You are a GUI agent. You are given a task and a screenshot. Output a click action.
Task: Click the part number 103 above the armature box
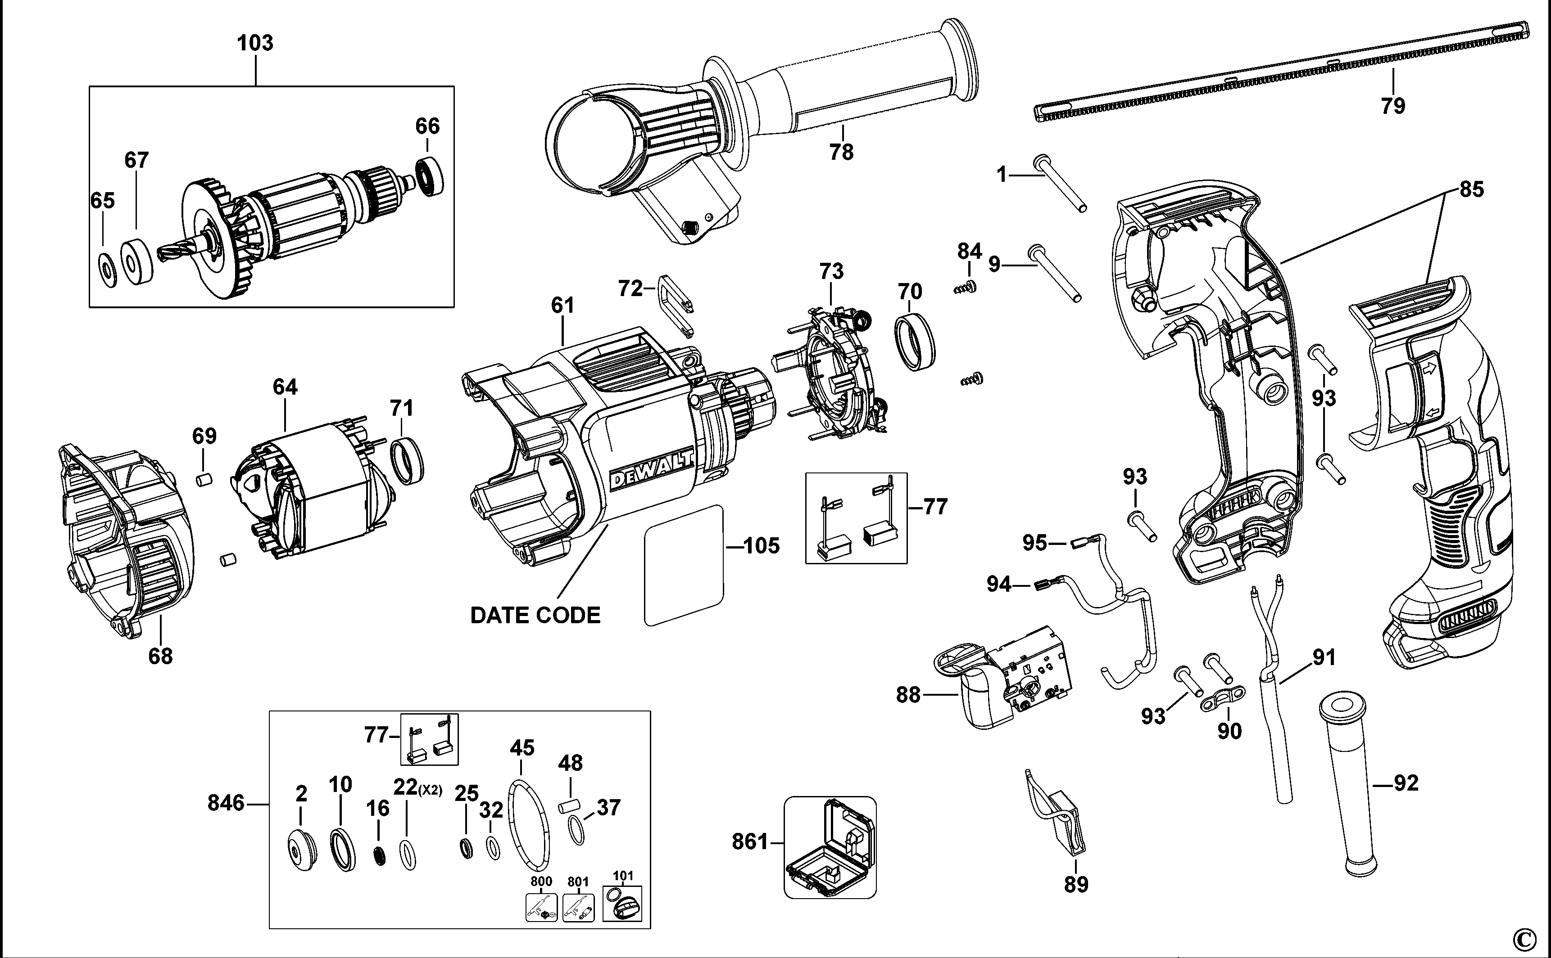255,43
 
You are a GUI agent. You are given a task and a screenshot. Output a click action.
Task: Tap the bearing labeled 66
430,177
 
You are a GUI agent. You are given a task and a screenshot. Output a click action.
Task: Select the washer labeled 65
107,269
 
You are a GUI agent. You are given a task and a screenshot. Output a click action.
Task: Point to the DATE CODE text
535,615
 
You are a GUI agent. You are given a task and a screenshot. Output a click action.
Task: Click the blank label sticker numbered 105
684,565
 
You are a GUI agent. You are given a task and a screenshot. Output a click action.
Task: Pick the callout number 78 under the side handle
841,152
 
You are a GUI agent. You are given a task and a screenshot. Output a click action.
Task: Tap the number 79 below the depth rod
1393,106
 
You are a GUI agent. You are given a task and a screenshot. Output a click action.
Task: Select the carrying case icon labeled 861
830,848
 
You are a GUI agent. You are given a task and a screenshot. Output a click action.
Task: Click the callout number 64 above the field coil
286,387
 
